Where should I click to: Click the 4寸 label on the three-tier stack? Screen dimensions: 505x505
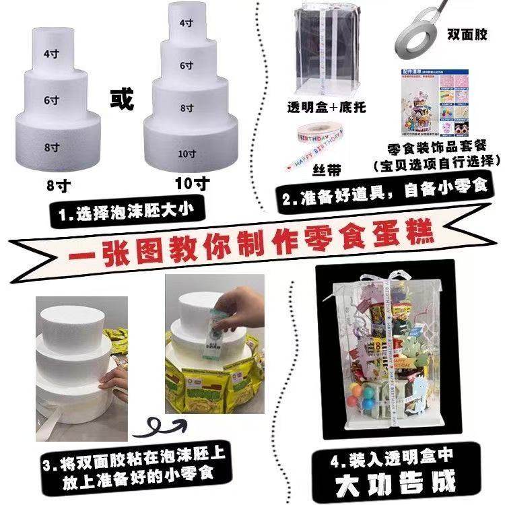click(x=50, y=53)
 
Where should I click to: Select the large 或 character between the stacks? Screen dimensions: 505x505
click(x=122, y=98)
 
